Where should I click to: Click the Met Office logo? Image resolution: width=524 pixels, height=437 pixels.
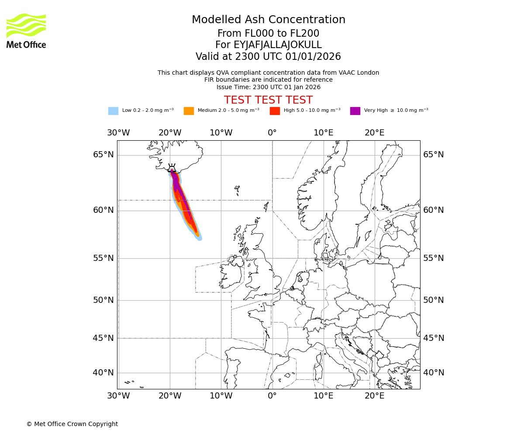coord(26,31)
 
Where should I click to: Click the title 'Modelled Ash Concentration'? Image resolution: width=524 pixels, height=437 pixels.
coord(269,20)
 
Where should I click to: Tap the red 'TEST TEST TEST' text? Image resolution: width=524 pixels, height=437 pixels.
coord(268,100)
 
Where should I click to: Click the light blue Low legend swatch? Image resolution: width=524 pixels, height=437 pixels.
coord(113,111)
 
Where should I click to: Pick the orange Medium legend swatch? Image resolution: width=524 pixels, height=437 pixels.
coord(189,111)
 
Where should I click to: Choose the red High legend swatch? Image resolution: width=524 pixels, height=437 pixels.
coord(275,111)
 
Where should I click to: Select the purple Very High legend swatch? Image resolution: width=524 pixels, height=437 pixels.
coord(355,111)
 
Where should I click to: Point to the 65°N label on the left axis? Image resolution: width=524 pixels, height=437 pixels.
coord(103,155)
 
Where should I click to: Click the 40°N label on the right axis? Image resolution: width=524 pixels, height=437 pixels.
coord(433,373)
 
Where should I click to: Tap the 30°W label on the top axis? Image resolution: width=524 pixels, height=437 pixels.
coord(118,133)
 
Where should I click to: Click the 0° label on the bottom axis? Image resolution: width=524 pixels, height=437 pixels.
coord(272,396)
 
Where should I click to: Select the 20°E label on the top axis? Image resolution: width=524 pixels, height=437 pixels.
coord(374,133)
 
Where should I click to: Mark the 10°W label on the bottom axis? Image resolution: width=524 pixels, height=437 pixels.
coord(221,396)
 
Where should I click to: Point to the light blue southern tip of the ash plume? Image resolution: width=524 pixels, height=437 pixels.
coord(200,238)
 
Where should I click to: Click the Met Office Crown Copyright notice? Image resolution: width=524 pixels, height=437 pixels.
coord(72,424)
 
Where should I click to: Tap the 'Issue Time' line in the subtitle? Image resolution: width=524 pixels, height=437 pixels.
coord(268,87)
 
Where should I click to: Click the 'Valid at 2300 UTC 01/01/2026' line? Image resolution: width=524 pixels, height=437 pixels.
coord(268,57)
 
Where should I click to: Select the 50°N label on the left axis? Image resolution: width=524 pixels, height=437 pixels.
coord(103,300)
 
